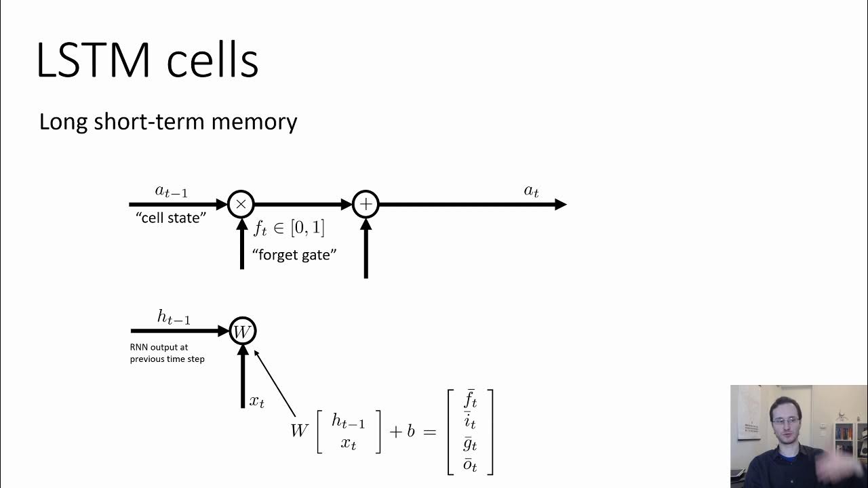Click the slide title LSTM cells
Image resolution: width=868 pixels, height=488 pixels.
click(147, 61)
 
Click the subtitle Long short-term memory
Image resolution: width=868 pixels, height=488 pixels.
click(168, 122)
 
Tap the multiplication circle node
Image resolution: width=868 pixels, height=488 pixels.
click(241, 204)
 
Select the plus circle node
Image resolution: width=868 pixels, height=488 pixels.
click(366, 204)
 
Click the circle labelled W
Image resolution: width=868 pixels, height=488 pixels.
click(242, 331)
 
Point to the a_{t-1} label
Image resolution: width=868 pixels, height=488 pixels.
click(171, 192)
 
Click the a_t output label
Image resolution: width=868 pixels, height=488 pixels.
click(531, 192)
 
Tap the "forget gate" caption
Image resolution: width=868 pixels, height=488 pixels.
click(294, 255)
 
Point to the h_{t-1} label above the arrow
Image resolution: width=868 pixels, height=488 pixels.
click(174, 317)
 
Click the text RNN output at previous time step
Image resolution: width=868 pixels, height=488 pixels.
click(167, 353)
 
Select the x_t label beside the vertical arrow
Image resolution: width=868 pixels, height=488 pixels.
click(257, 401)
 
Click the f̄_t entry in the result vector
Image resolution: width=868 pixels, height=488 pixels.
click(470, 400)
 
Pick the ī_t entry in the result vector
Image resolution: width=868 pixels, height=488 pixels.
click(470, 422)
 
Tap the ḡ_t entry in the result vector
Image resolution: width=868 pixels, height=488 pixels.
click(470, 444)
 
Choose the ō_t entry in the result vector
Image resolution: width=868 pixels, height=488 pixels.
click(470, 465)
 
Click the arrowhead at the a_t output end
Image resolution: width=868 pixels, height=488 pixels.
click(561, 204)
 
